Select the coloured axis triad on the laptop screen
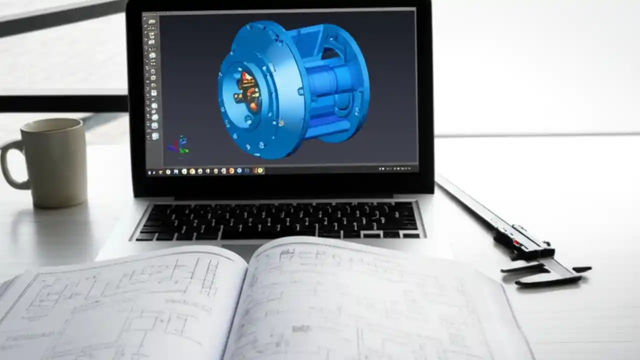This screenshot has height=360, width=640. tap(179, 145)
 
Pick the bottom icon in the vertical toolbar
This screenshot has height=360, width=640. tap(154, 136)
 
